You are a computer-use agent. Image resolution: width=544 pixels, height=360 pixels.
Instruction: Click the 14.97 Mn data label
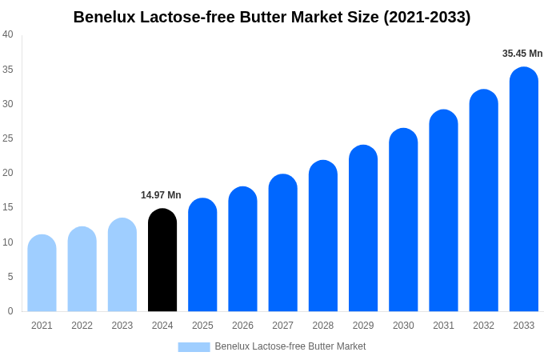161,195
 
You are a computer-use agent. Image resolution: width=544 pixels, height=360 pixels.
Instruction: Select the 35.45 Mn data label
522,54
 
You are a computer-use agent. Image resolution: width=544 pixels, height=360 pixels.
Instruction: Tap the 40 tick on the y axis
8,34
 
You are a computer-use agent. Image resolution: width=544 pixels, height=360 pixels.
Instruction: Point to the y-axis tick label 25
8,138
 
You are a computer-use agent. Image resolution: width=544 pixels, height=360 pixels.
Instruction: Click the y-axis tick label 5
10,277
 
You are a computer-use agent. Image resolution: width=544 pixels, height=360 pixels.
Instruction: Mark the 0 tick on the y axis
10,311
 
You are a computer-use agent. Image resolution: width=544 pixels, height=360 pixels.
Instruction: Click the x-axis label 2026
242,326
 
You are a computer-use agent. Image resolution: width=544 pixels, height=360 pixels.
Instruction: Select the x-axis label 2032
483,326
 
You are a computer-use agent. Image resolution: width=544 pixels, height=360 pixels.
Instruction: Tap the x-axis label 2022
82,326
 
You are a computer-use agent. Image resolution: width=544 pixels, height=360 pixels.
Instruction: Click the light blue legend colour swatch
194,347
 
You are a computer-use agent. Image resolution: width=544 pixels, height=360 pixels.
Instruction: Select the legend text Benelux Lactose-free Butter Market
290,346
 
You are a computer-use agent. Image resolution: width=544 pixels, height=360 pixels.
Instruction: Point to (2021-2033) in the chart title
426,17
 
